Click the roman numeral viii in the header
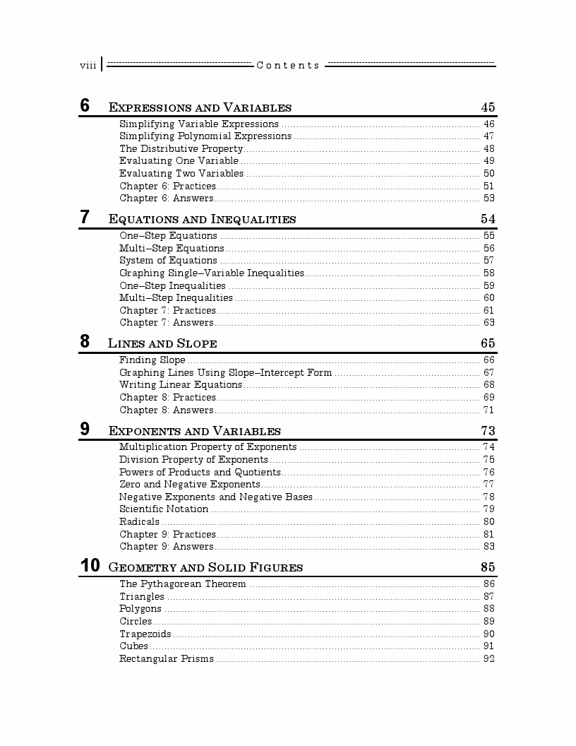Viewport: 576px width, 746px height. click(x=88, y=66)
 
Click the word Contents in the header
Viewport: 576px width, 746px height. click(x=288, y=66)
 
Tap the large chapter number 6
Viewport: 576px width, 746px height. click(x=85, y=106)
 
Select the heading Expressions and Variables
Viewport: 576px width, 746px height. click(x=200, y=108)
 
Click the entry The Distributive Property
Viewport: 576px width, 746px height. click(x=181, y=148)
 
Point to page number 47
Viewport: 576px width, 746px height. click(x=488, y=136)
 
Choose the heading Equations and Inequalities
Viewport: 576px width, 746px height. click(x=202, y=219)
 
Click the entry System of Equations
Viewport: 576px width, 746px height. click(x=168, y=260)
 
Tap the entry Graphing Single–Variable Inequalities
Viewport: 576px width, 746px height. click(x=211, y=273)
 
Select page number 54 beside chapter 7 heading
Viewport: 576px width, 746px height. click(x=488, y=219)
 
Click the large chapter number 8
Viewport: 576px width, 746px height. click(x=85, y=342)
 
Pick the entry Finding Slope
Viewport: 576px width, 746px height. click(x=152, y=360)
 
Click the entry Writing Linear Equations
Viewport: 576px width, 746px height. click(x=180, y=385)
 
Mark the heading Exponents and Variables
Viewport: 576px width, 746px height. click(x=194, y=431)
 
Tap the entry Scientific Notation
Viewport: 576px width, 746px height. click(x=164, y=509)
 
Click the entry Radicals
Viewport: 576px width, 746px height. click(x=139, y=521)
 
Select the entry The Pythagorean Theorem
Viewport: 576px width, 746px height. click(x=182, y=584)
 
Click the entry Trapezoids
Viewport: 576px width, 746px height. click(x=145, y=634)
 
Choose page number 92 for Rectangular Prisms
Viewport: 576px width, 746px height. click(x=488, y=658)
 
